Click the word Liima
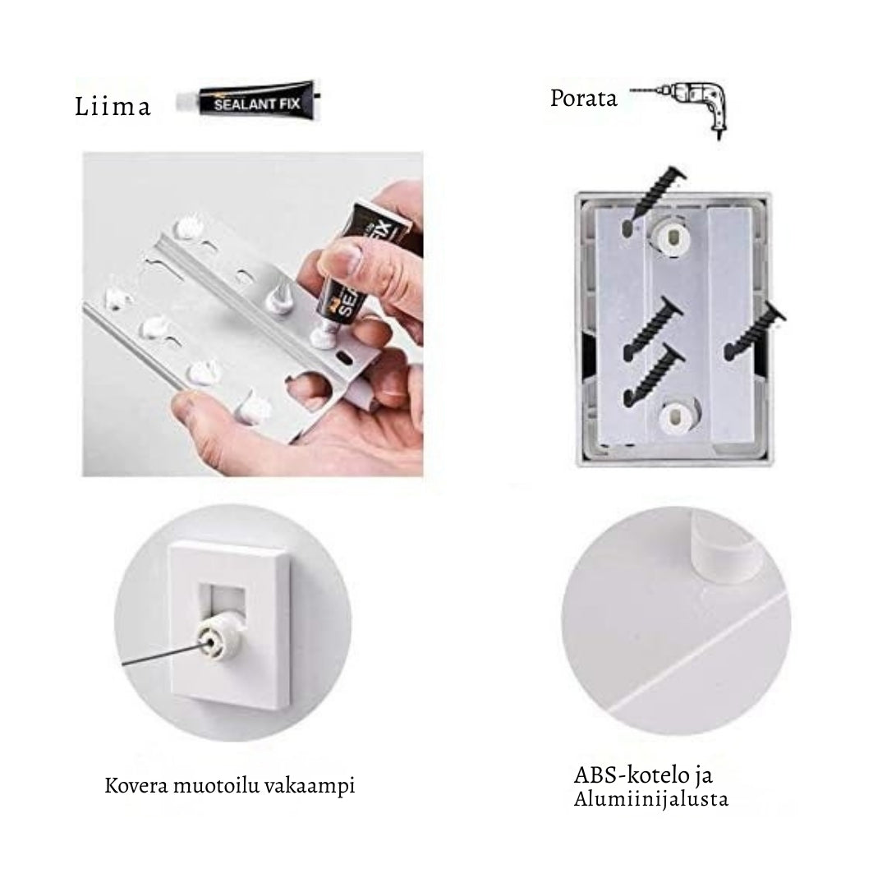point(113,106)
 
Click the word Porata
point(583,99)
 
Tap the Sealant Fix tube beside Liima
point(248,100)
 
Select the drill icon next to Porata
point(680,108)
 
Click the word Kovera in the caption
point(136,785)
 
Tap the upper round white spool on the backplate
point(673,236)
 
